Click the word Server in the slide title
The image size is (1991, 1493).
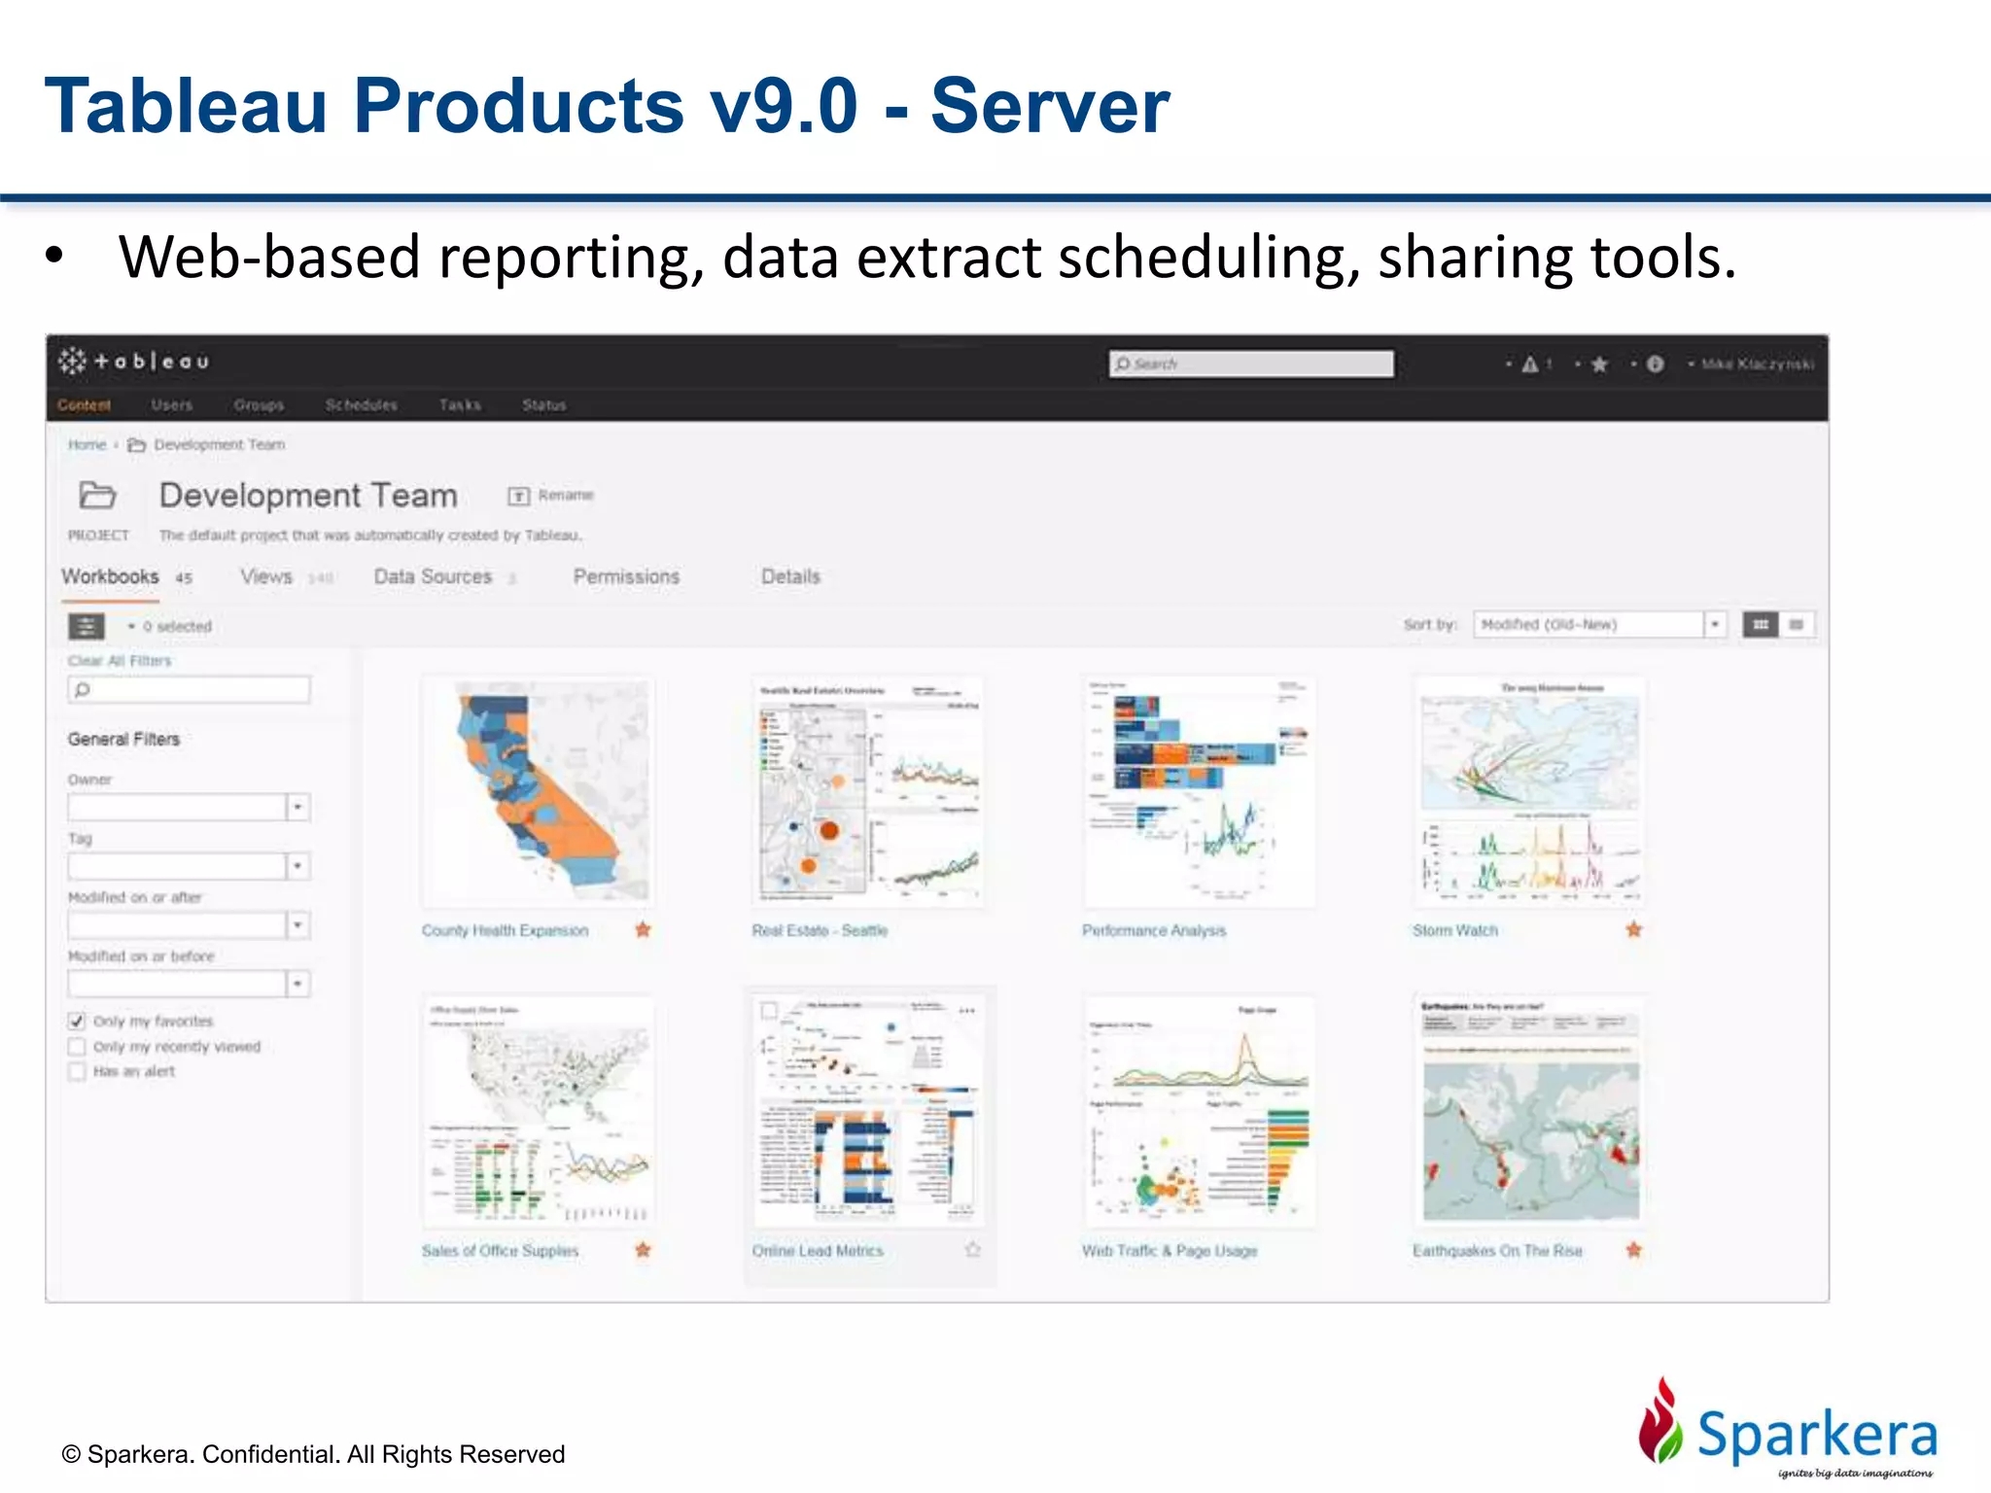[1049, 106]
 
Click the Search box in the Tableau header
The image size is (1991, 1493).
[1250, 364]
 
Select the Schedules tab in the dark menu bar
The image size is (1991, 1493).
[361, 404]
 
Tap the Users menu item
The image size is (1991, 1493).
[171, 404]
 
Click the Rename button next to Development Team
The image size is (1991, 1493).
[551, 496]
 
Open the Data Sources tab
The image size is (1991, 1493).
[433, 576]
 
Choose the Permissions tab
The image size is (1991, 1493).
[626, 576]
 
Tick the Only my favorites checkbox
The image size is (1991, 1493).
[77, 1021]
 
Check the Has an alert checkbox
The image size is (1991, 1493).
[77, 1071]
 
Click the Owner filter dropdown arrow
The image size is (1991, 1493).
[297, 807]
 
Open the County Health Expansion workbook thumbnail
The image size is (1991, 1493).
[538, 791]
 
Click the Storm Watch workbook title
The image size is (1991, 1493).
[1454, 930]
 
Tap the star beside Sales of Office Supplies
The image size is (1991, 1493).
[643, 1250]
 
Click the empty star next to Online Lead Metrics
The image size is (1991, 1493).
[972, 1250]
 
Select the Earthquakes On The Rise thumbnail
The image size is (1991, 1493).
[1530, 1112]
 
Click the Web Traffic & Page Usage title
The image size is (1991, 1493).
[1170, 1251]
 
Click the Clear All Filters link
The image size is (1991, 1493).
[120, 661]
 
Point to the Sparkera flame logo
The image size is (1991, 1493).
[1660, 1421]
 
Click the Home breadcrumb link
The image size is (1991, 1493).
[87, 444]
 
